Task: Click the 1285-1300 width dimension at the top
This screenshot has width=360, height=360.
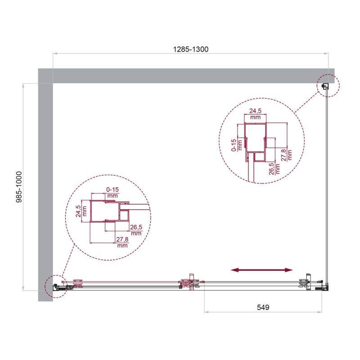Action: coord(191,49)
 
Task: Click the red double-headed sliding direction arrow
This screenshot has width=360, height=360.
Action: coord(261,270)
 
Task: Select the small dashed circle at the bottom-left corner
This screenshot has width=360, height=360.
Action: coord(55,286)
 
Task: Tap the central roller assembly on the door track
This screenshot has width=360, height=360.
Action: coord(192,283)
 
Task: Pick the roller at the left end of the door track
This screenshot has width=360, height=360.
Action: coord(77,283)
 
